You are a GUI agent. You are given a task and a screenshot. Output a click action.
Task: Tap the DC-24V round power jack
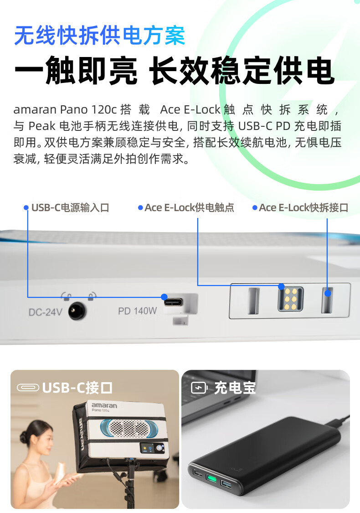click(77, 311)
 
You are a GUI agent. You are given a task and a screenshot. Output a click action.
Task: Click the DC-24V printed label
click(46, 312)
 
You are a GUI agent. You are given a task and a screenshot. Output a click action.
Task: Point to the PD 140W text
click(137, 311)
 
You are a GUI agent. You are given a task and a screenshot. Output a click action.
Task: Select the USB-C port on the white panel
click(173, 302)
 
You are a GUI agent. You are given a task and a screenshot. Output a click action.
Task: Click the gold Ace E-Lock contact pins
click(290, 299)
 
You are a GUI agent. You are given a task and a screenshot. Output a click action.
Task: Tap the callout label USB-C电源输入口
click(70, 207)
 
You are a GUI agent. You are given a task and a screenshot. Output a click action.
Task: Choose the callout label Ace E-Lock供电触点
click(189, 207)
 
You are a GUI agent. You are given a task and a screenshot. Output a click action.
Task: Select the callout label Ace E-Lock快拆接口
click(303, 207)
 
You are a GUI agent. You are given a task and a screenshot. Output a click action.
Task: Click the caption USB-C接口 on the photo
click(77, 388)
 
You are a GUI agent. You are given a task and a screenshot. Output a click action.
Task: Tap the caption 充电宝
click(235, 388)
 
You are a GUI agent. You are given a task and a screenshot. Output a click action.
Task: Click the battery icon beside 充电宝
click(199, 388)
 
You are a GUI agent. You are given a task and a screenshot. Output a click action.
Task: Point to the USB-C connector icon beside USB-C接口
click(28, 388)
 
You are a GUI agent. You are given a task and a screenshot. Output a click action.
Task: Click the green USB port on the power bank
click(211, 479)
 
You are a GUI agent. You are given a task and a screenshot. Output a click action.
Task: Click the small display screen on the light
click(148, 448)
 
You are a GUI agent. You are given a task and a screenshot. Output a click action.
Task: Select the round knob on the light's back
click(160, 448)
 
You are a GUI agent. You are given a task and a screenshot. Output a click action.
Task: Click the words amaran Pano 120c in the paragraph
click(65, 109)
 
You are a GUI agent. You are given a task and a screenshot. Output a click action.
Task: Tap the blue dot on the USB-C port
click(165, 297)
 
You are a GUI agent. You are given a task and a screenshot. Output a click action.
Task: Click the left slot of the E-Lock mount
click(254, 301)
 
